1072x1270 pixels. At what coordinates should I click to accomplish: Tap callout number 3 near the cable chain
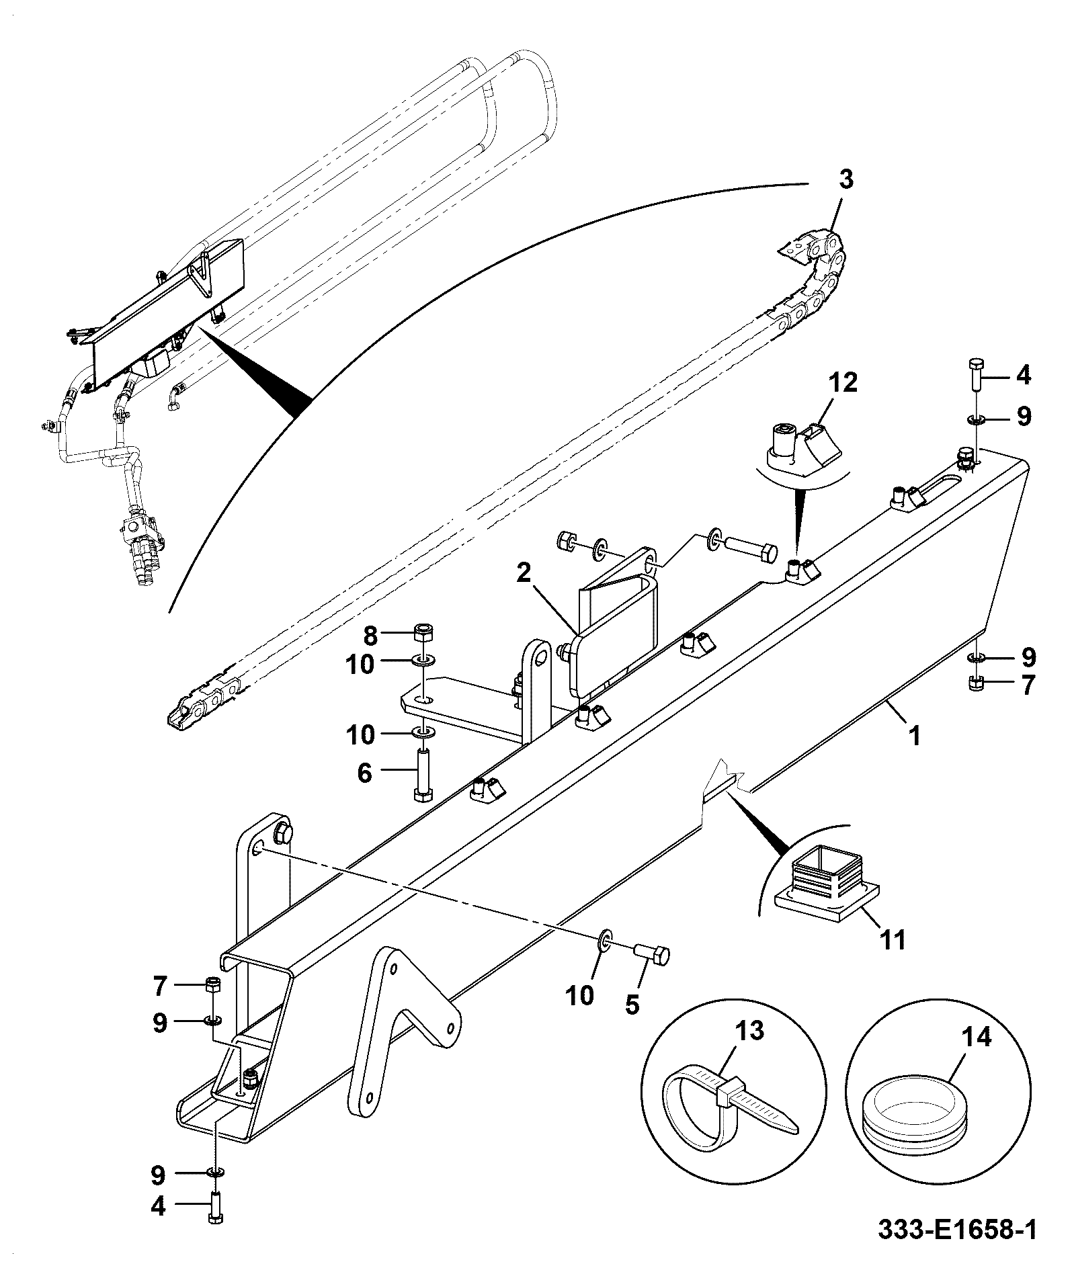[846, 180]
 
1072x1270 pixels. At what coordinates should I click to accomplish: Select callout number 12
[843, 383]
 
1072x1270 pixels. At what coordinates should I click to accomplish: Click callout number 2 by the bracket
[524, 573]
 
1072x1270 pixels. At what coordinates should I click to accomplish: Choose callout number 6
[364, 773]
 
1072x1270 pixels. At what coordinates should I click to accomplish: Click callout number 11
[893, 939]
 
